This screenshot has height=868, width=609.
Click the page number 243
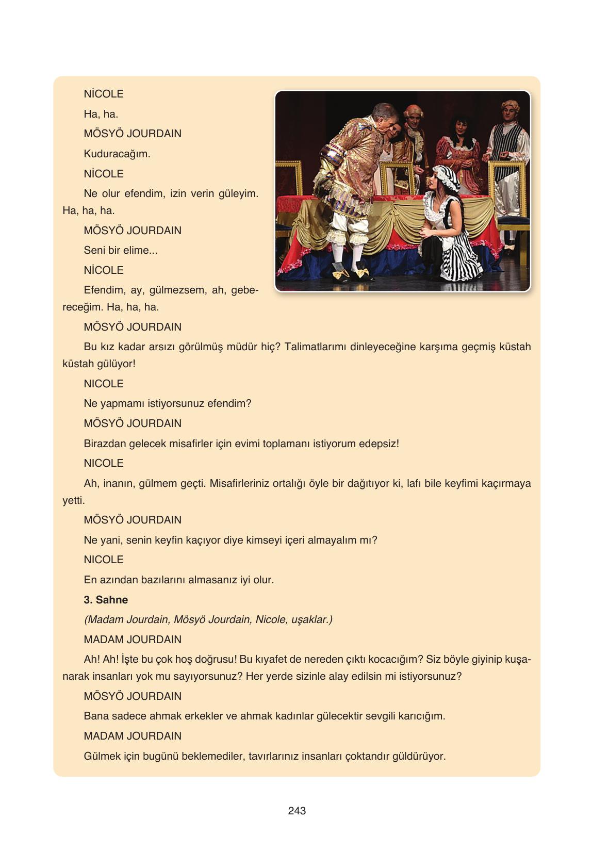(297, 810)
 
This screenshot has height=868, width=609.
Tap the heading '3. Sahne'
(106, 599)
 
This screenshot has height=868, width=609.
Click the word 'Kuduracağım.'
(117, 154)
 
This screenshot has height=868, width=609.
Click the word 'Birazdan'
(105, 444)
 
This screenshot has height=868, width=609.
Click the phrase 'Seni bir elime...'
(121, 250)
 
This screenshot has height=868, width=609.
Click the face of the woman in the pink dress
(460, 125)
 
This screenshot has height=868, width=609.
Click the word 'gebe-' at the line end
(244, 290)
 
